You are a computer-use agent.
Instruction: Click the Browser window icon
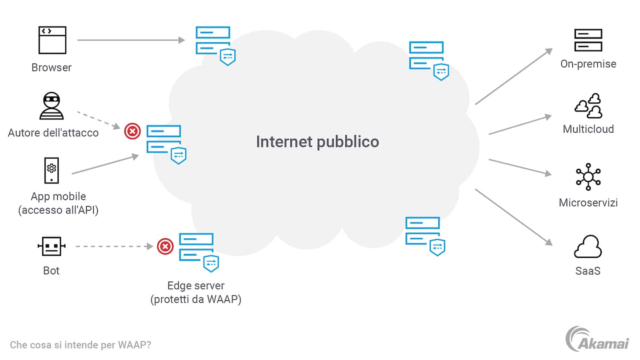(x=52, y=40)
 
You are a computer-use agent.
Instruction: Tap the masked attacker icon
(x=52, y=106)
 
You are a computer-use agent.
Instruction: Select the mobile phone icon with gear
(x=52, y=170)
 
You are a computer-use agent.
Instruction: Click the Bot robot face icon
(x=52, y=246)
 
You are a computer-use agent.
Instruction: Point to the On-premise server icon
(x=588, y=40)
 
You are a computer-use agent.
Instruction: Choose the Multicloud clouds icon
(x=588, y=106)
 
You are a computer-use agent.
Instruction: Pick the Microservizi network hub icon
(x=588, y=177)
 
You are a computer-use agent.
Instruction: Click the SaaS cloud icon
(x=588, y=247)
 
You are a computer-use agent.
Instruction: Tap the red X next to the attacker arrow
(x=132, y=131)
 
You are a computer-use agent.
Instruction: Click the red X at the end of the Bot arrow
(x=165, y=246)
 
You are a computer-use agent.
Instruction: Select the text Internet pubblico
(x=317, y=142)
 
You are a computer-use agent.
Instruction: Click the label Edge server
(x=196, y=285)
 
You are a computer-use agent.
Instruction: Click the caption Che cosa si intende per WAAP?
(x=80, y=345)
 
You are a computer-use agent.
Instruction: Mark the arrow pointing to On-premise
(x=513, y=76)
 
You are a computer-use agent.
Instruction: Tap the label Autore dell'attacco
(x=53, y=132)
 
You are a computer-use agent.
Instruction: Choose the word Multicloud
(x=588, y=129)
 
